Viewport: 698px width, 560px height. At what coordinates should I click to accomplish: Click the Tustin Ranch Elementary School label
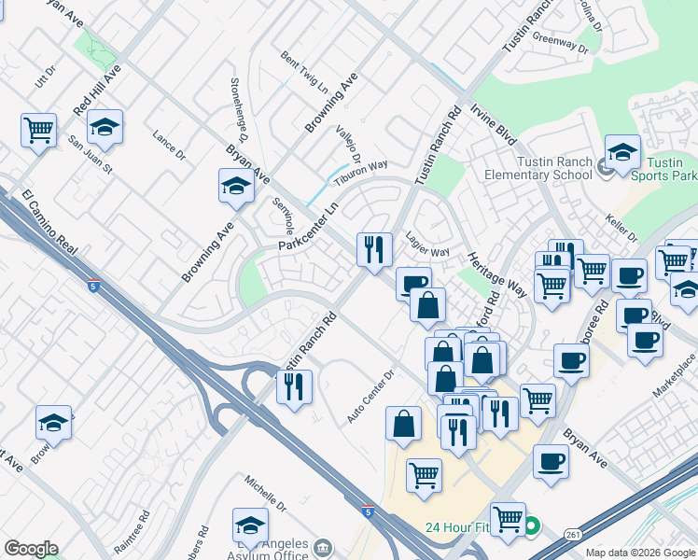(538, 168)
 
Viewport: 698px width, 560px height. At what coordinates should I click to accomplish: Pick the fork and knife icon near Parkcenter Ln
(374, 249)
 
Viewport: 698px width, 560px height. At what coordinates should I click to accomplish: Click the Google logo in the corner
(31, 549)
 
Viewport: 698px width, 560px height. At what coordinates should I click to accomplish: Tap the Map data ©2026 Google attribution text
(640, 553)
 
